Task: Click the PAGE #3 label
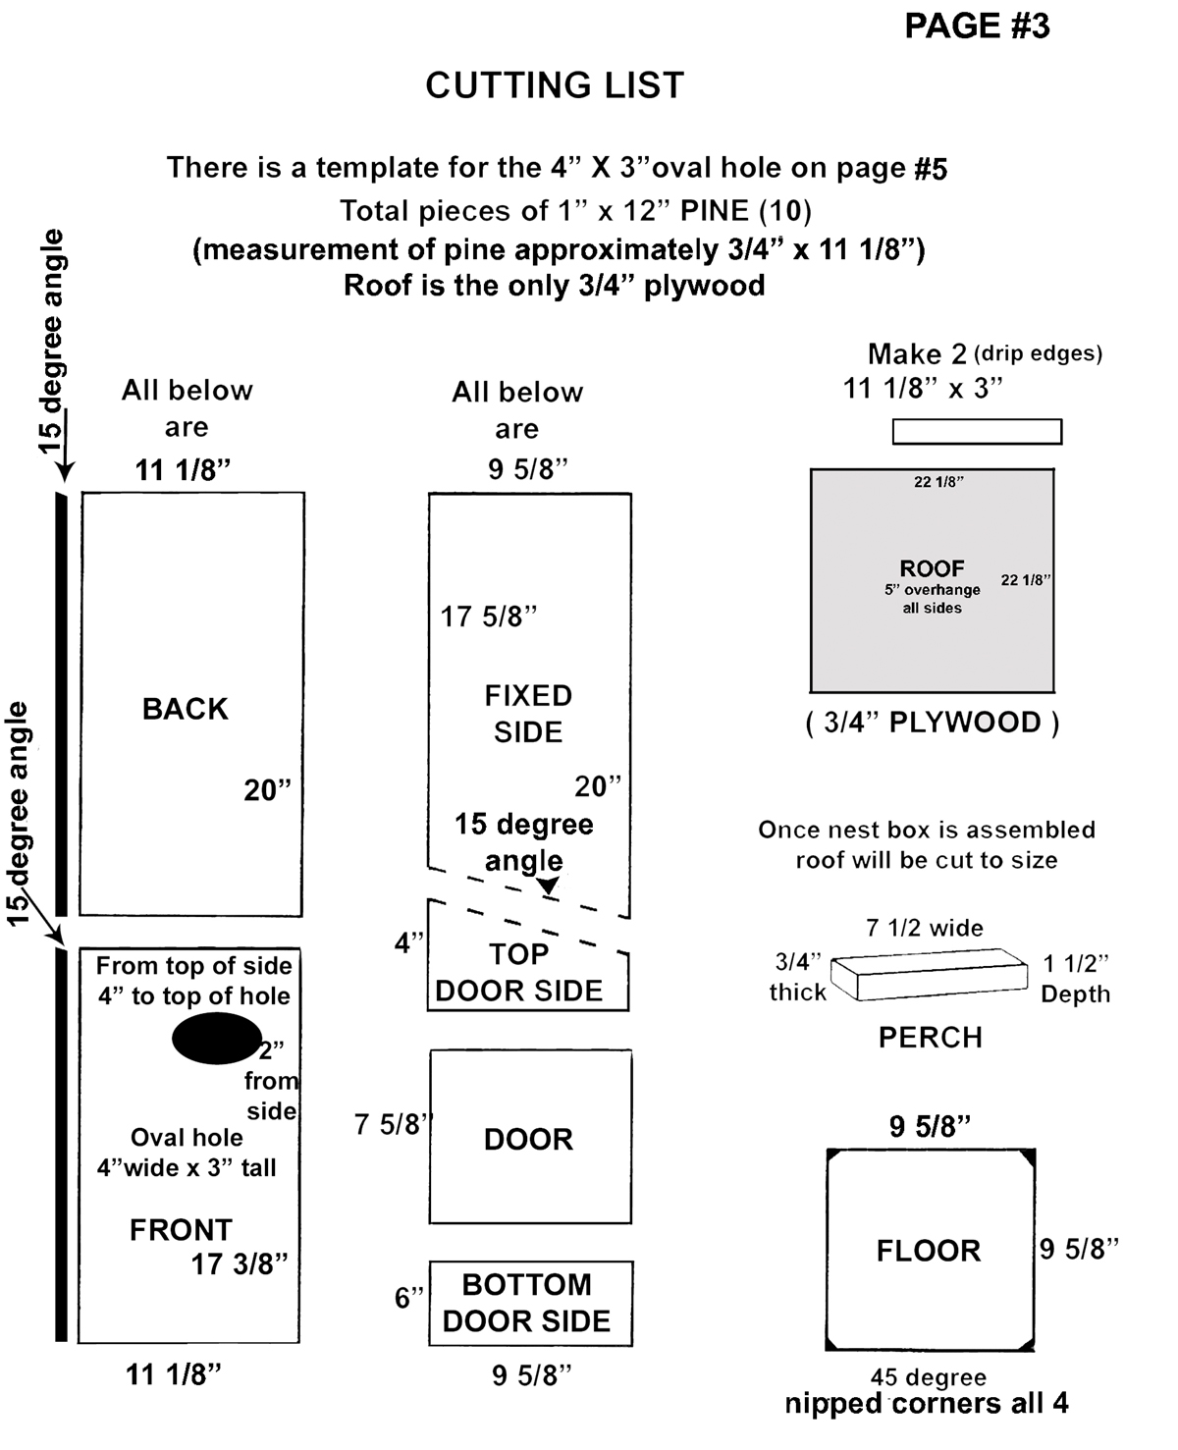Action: click(976, 27)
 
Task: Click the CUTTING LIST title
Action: click(555, 86)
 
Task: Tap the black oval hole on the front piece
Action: click(216, 1039)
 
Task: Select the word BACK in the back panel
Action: click(185, 709)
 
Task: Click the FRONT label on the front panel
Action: click(181, 1230)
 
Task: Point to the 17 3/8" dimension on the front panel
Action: click(239, 1263)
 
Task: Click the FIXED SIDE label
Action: click(528, 714)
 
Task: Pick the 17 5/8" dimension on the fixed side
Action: click(488, 617)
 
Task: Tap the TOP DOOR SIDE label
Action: click(518, 973)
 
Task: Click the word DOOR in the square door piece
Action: click(528, 1139)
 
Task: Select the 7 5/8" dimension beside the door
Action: click(392, 1124)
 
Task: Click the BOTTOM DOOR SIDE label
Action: click(527, 1303)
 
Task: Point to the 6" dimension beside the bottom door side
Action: click(408, 1298)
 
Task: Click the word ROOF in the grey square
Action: click(932, 568)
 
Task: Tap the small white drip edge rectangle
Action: click(977, 431)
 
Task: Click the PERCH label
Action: click(930, 1038)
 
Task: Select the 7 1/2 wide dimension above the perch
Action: click(924, 928)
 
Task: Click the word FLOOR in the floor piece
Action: click(929, 1251)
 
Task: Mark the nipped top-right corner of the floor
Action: click(1028, 1157)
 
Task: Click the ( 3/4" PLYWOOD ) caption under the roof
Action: click(932, 723)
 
